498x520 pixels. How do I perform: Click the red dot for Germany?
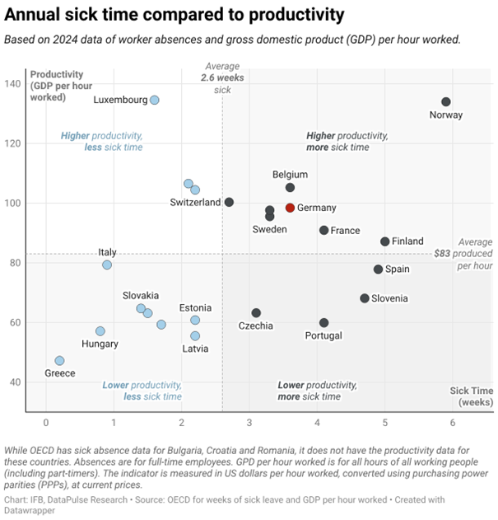click(x=290, y=208)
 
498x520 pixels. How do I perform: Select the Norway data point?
click(x=446, y=102)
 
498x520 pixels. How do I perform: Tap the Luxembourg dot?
click(x=154, y=100)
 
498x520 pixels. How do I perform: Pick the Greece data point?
click(x=59, y=361)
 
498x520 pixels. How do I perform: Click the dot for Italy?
click(x=107, y=265)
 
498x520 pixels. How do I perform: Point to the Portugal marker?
click(x=323, y=323)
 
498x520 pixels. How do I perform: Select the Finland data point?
click(x=384, y=241)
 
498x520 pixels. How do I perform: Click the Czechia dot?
click(x=256, y=313)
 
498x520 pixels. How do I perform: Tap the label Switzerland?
click(x=195, y=203)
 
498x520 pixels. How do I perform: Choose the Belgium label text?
click(x=290, y=175)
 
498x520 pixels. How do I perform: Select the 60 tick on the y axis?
click(x=15, y=322)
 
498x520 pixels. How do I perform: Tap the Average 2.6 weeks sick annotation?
click(x=222, y=77)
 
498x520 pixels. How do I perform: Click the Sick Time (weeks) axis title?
click(x=471, y=396)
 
